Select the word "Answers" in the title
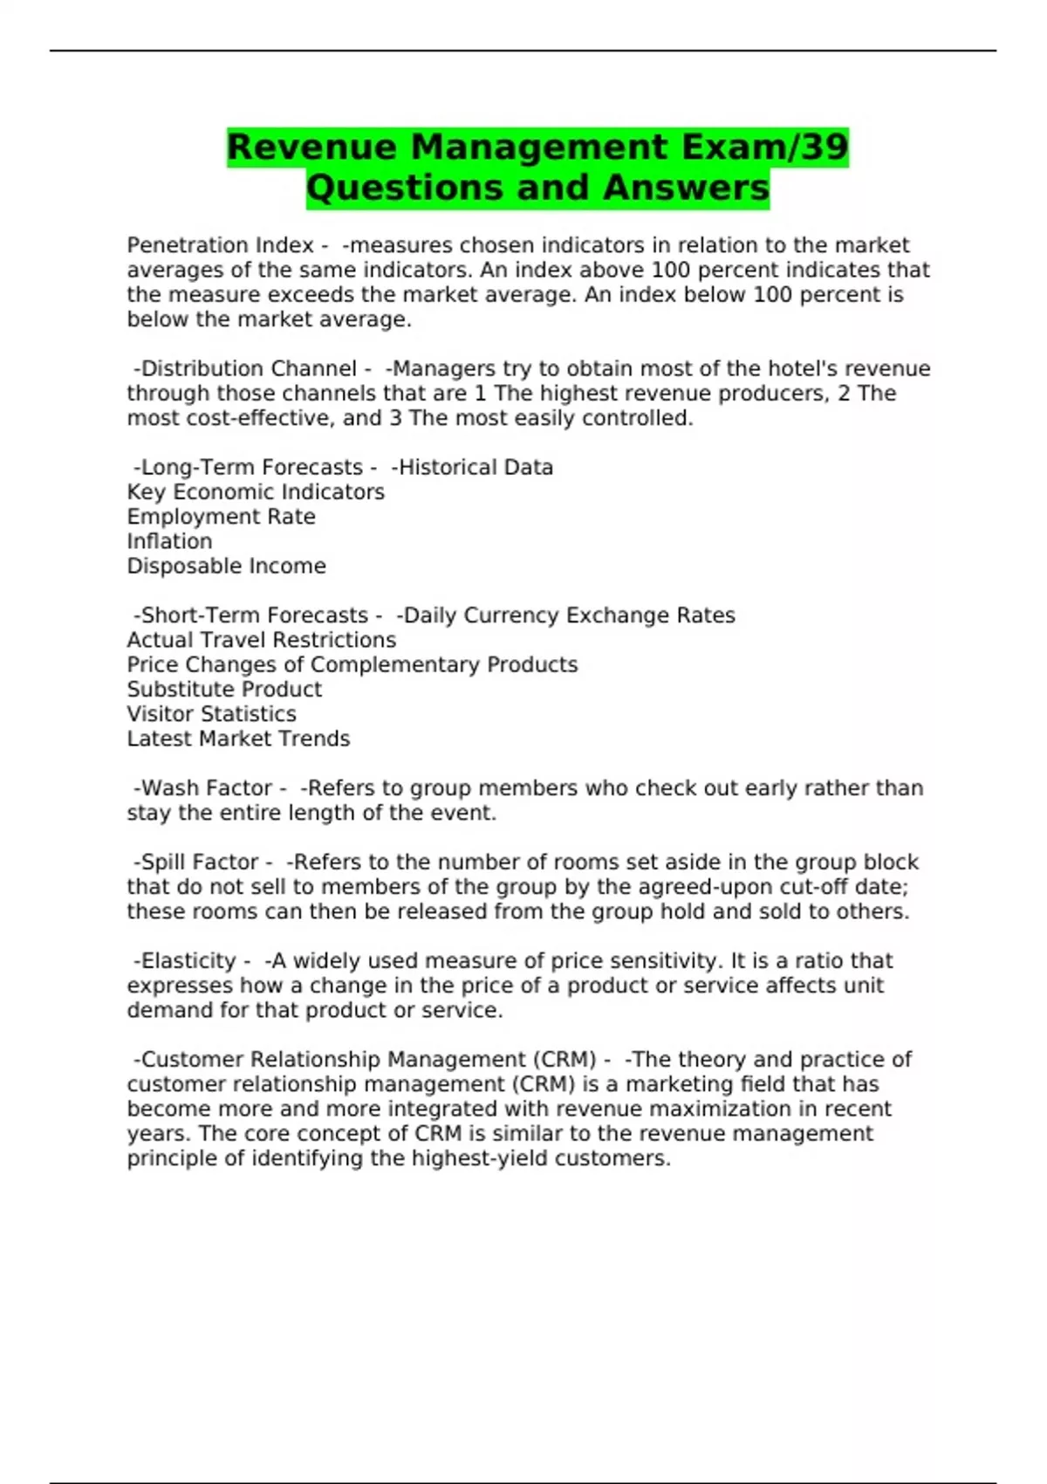coord(685,188)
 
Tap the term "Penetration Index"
coord(220,245)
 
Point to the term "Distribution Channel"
coord(249,368)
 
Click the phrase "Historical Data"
coord(476,467)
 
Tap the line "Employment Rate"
coord(221,517)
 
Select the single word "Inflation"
coord(169,541)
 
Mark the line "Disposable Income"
coord(226,566)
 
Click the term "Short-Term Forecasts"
coord(254,615)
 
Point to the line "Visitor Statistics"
coord(211,714)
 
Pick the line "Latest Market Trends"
coord(238,739)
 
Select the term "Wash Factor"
coord(206,788)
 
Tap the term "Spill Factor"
coord(199,862)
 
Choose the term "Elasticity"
coord(188,961)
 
